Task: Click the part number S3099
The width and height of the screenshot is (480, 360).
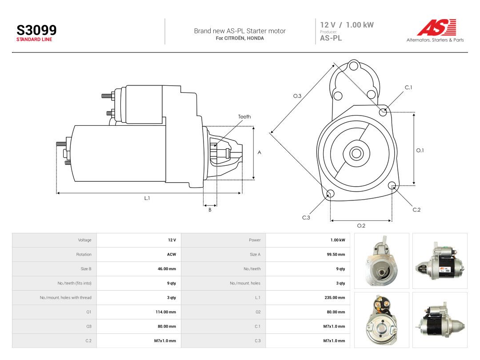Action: coord(36,30)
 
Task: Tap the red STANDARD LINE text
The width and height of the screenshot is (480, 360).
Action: coord(34,40)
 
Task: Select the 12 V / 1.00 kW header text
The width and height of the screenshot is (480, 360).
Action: coord(347,25)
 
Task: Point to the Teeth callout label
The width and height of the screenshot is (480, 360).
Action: coord(244,116)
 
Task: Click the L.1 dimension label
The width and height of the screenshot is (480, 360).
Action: coord(147,198)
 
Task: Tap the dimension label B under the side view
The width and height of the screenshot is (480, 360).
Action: coord(210,210)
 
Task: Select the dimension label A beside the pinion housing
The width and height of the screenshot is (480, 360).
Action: coord(259,152)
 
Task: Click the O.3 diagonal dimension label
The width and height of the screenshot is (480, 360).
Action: coord(297,96)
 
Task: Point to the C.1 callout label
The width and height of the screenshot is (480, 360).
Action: coord(408,88)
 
